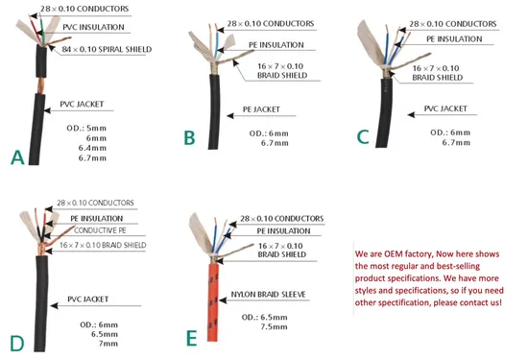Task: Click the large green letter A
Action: click(x=17, y=157)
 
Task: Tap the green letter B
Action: click(x=189, y=137)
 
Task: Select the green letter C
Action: click(x=363, y=137)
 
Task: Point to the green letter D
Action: click(x=17, y=344)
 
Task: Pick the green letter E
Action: click(x=191, y=338)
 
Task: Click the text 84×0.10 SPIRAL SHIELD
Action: click(x=107, y=49)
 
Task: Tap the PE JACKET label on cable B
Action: click(x=261, y=109)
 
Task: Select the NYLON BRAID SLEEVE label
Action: click(x=268, y=295)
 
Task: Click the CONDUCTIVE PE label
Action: click(x=100, y=230)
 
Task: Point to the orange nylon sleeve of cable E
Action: click(x=213, y=302)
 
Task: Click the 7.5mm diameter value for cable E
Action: click(x=274, y=326)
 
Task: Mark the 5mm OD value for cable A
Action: click(x=96, y=129)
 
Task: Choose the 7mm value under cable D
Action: click(x=108, y=344)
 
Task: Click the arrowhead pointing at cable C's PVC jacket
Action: click(x=411, y=115)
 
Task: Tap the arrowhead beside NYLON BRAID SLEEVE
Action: click(x=223, y=300)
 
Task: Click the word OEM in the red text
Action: click(x=392, y=253)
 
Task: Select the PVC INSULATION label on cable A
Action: click(x=93, y=27)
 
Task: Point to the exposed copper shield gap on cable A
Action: click(x=40, y=85)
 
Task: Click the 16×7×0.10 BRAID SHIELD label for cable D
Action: click(x=103, y=245)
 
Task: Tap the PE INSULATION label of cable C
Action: click(x=454, y=39)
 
